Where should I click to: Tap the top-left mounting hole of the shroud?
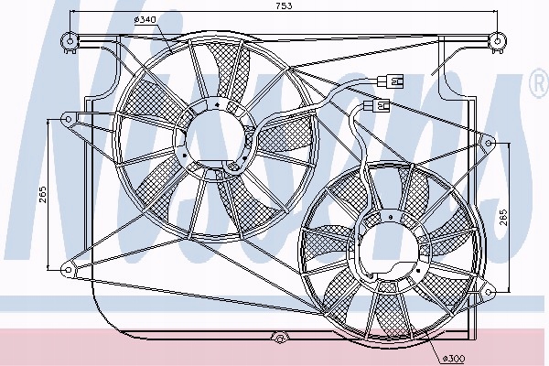[x=67, y=38]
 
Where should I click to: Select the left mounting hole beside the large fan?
[x=67, y=117]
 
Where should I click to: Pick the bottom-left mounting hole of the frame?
[x=67, y=267]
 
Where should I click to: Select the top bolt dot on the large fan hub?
[x=216, y=105]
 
